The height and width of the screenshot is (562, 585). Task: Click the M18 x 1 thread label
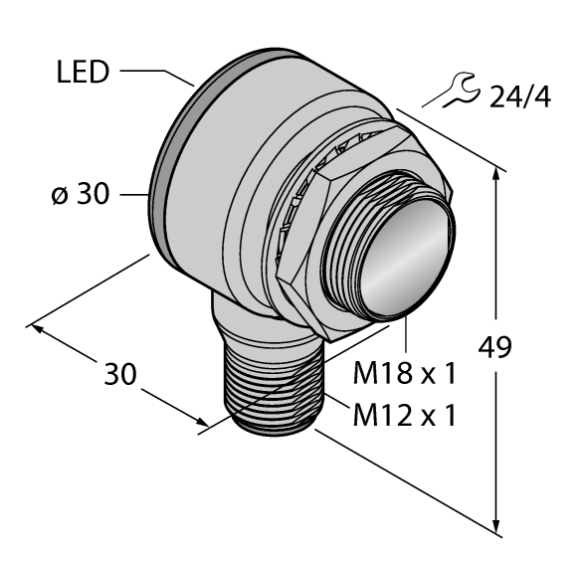pos(405,374)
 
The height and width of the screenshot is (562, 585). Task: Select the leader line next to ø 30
pos(132,195)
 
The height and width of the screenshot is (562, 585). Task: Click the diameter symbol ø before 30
pos(59,195)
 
